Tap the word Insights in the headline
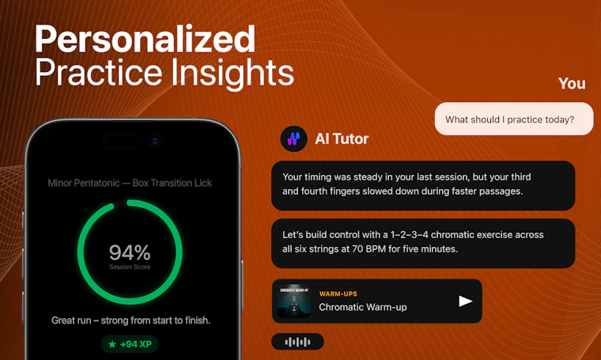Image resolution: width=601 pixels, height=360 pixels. [232, 72]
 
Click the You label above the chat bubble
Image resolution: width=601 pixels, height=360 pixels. [572, 83]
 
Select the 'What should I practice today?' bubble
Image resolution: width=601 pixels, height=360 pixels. [514, 119]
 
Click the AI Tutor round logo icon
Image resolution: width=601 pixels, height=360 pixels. [293, 138]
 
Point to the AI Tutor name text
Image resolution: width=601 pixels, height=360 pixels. [342, 138]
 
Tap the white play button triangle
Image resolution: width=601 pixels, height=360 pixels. [465, 301]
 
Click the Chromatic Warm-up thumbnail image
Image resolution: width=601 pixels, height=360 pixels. [294, 301]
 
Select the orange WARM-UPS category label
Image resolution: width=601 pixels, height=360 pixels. [338, 294]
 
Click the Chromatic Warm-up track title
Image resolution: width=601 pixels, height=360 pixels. [363, 307]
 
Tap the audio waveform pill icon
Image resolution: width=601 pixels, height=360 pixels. [297, 342]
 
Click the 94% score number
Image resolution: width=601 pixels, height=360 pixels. [130, 252]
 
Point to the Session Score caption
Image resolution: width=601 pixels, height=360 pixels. [130, 267]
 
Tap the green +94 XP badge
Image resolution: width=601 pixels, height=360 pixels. [130, 344]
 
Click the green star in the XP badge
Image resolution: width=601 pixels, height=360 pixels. [112, 344]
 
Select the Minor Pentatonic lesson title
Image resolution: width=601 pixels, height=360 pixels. [130, 183]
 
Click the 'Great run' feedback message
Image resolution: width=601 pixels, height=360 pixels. [130, 320]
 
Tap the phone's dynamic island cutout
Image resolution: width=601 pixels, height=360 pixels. [120, 141]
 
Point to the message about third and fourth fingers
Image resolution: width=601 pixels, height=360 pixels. [423, 186]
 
